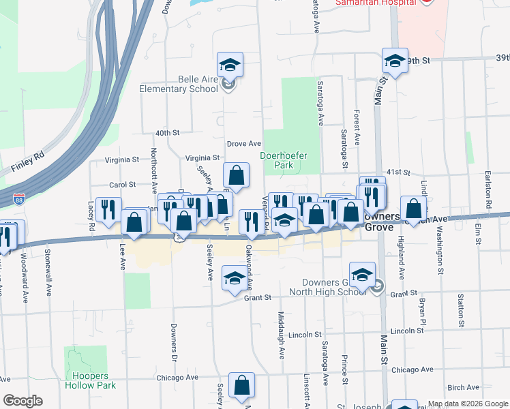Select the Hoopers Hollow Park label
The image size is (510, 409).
click(91, 380)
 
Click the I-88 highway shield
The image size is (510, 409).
click(20, 200)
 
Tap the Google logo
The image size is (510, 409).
click(22, 401)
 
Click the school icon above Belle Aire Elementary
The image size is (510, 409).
click(230, 65)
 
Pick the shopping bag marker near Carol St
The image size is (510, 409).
click(236, 176)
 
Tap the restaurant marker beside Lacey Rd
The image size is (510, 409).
click(108, 210)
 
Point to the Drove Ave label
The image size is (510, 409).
click(244, 144)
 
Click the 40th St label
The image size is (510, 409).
click(166, 132)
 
